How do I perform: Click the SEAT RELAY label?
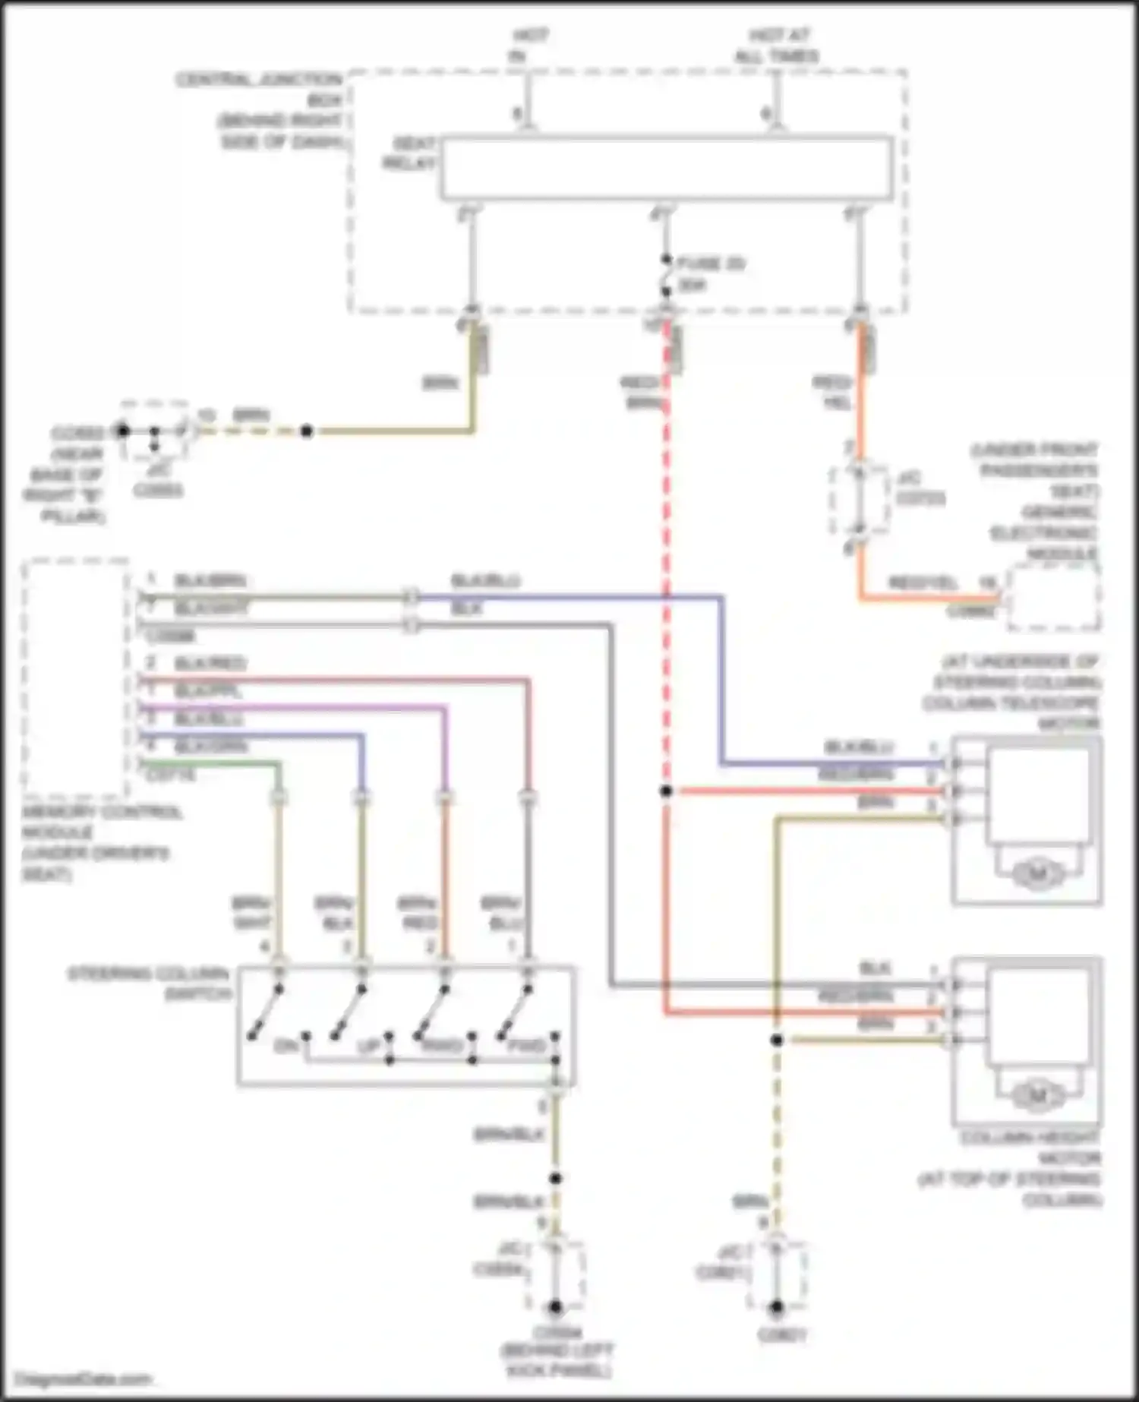412,153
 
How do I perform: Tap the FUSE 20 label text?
710,264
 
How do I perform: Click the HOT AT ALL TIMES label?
776,46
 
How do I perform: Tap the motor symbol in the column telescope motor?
1037,873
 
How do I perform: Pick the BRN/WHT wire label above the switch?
251,913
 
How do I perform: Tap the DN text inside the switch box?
286,1047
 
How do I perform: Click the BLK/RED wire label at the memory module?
210,663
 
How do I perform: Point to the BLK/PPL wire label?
210,691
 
